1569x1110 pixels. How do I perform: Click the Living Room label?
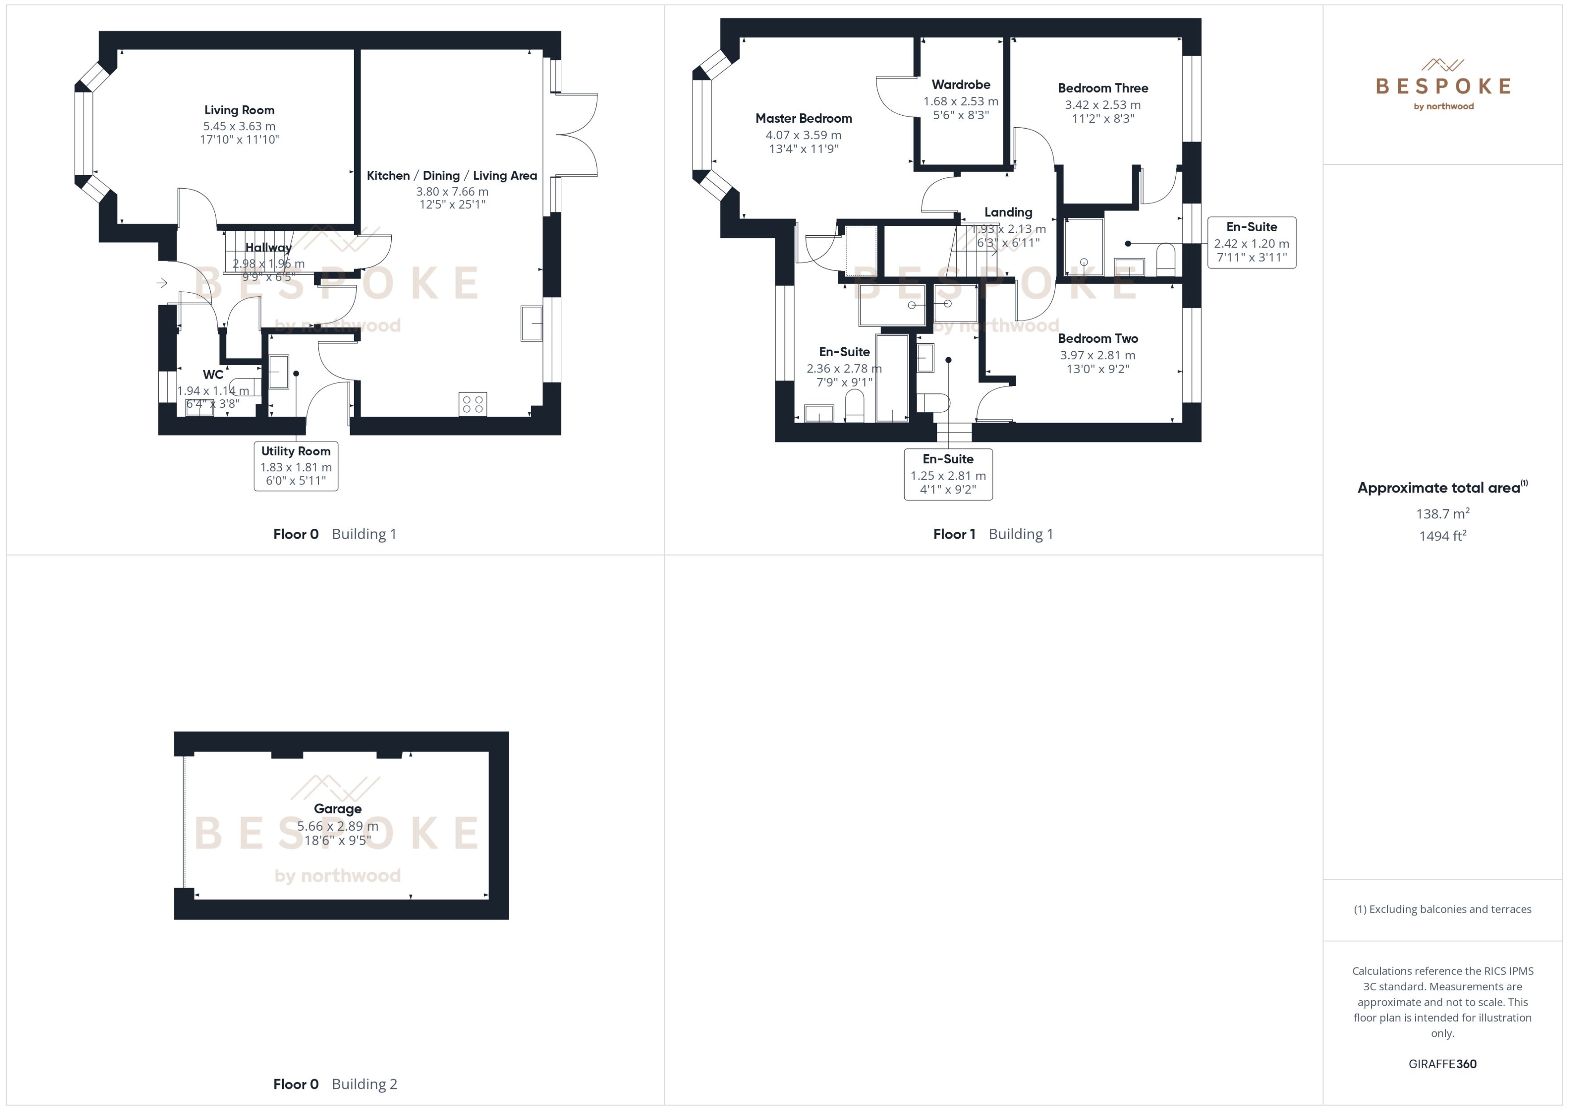click(x=239, y=110)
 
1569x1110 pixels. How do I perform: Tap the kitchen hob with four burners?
click(x=472, y=403)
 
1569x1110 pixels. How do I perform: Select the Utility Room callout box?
click(x=295, y=466)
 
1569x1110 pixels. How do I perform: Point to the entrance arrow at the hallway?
click(x=162, y=282)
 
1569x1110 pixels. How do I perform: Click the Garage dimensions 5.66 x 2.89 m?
click(x=337, y=825)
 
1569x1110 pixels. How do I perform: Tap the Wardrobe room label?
click(x=961, y=85)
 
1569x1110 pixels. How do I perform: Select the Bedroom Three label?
click(x=1102, y=88)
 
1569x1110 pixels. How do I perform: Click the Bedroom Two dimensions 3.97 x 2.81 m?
click(x=1097, y=355)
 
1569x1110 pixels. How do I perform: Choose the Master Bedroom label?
click(x=803, y=118)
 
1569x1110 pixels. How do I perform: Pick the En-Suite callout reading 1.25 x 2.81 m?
click(x=948, y=475)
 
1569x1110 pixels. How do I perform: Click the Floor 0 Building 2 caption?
click(x=335, y=1084)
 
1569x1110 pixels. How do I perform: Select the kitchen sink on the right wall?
click(x=531, y=323)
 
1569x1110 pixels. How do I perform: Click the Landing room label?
click(x=1008, y=212)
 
